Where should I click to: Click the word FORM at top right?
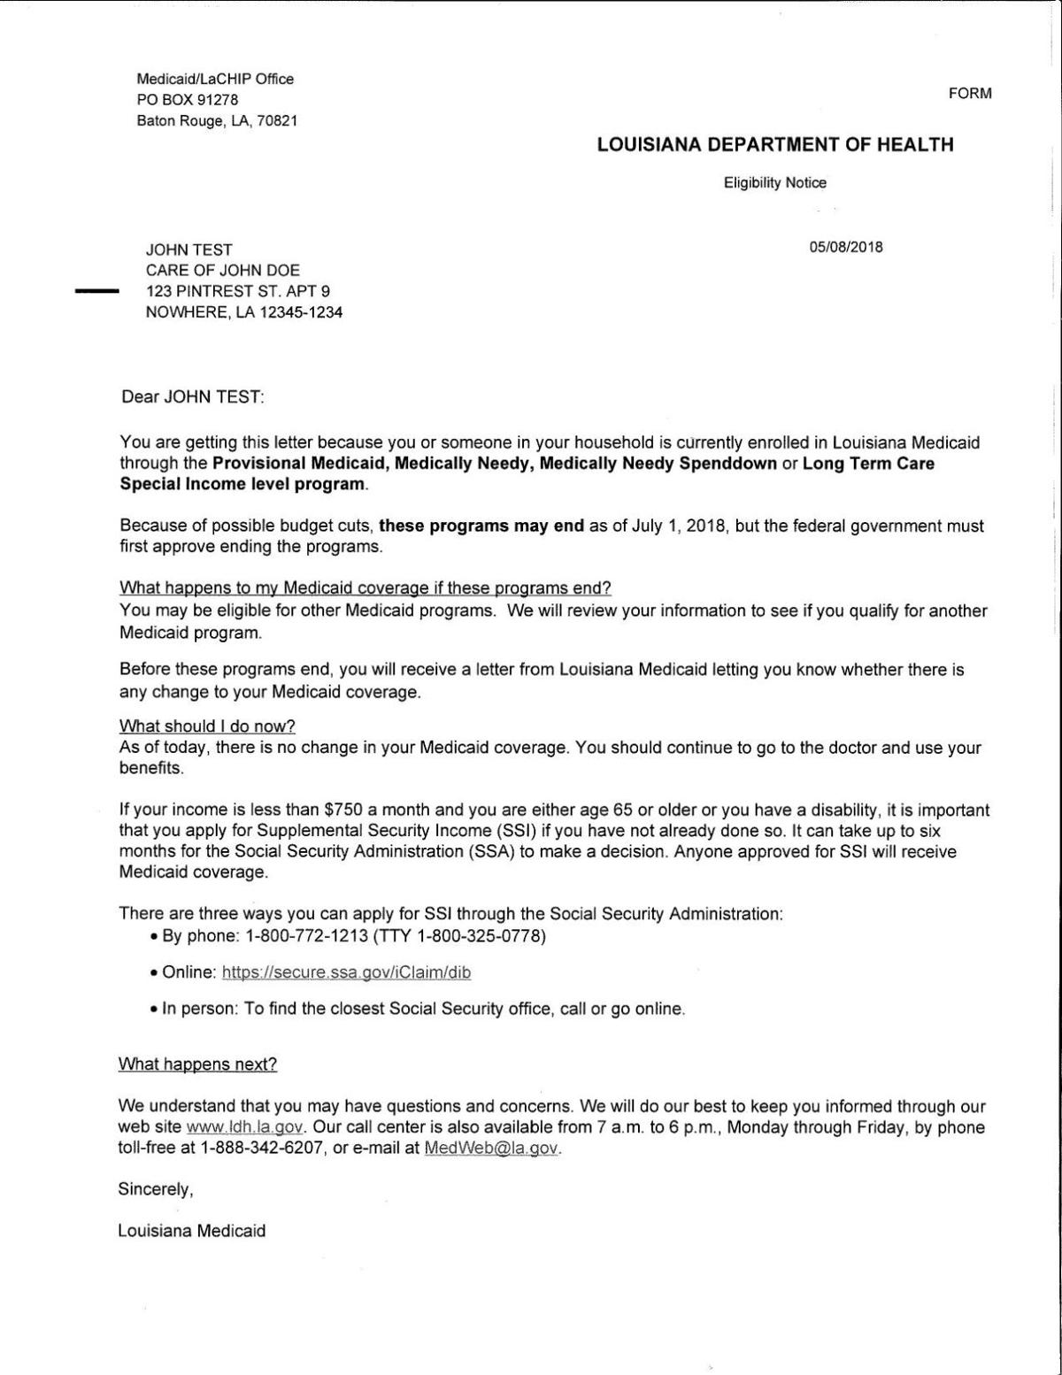pyautogui.click(x=970, y=93)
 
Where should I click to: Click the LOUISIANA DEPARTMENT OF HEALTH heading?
pyautogui.click(x=775, y=144)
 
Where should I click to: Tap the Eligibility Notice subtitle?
pyautogui.click(x=774, y=183)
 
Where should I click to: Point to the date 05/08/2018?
pyautogui.click(x=845, y=248)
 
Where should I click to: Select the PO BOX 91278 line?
pyautogui.click(x=188, y=100)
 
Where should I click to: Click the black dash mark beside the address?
pyautogui.click(x=96, y=290)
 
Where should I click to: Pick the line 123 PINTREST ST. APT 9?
pyautogui.click(x=238, y=291)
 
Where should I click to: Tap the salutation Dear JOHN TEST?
pyautogui.click(x=192, y=396)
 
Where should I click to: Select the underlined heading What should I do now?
pyautogui.click(x=207, y=726)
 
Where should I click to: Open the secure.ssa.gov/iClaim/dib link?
pyautogui.click(x=346, y=972)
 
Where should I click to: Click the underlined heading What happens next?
pyautogui.click(x=197, y=1064)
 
